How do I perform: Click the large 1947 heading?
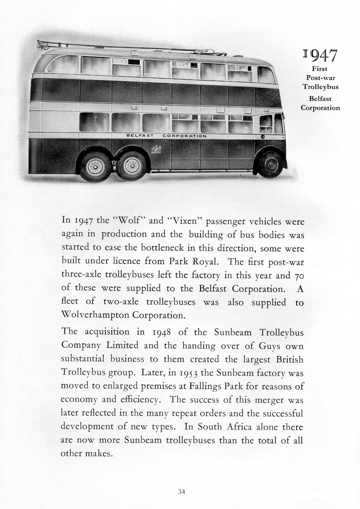pyautogui.click(x=320, y=56)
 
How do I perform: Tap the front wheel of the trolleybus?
pyautogui.click(x=270, y=164)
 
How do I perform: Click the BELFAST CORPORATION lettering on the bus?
pyautogui.click(x=167, y=136)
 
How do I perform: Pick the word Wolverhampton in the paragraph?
pyautogui.click(x=95, y=315)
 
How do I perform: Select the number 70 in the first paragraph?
pyautogui.click(x=299, y=276)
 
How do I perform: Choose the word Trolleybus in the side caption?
pyautogui.click(x=320, y=87)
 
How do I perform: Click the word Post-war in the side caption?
pyautogui.click(x=320, y=78)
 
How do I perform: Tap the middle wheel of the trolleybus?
pyautogui.click(x=132, y=165)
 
